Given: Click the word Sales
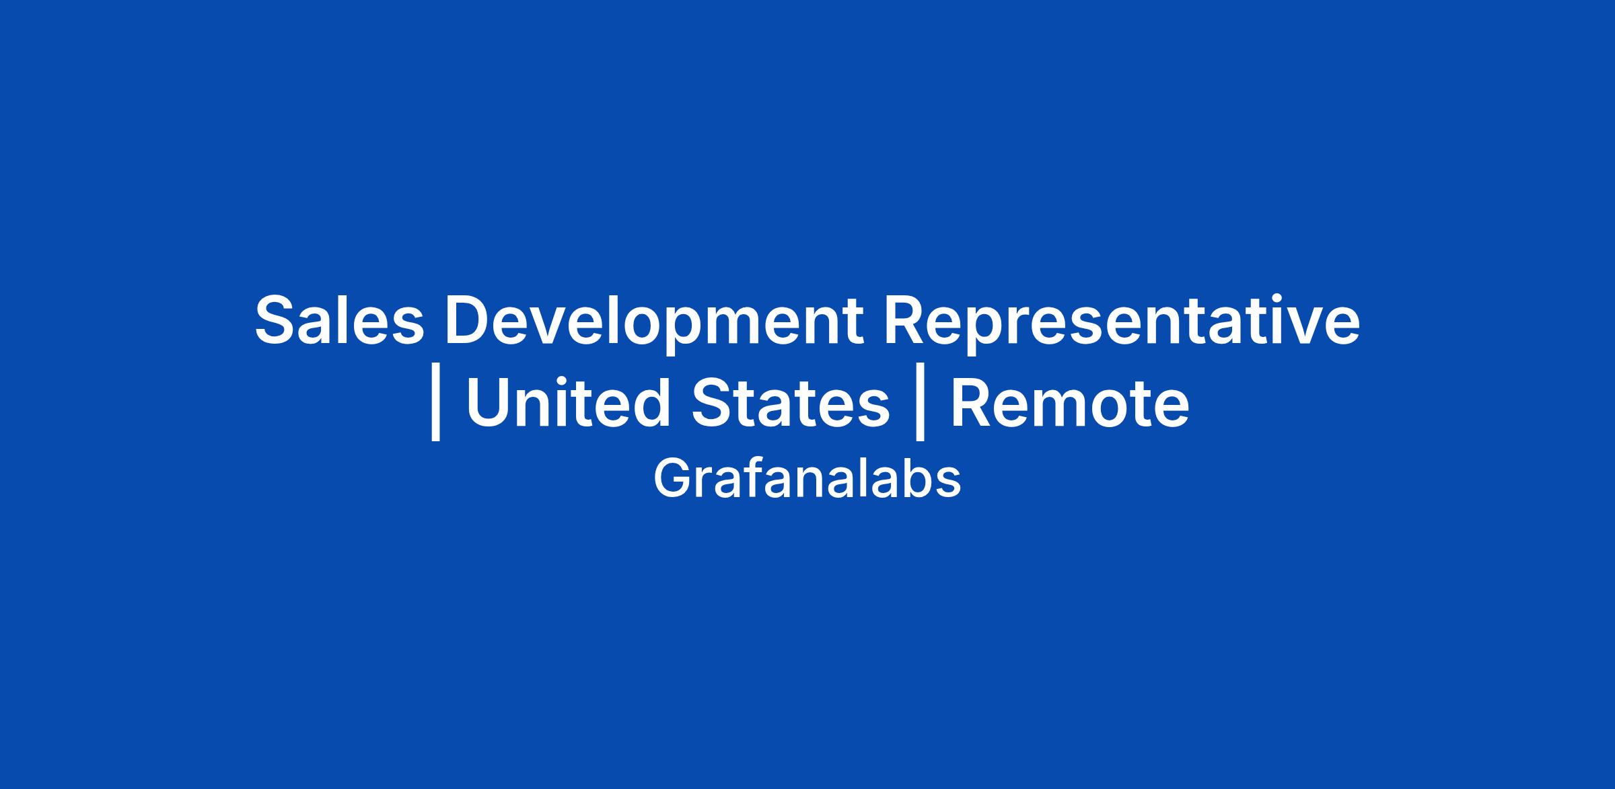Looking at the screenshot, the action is (x=340, y=321).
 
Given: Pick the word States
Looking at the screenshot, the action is (x=791, y=404).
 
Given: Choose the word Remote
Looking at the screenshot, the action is (x=1070, y=404).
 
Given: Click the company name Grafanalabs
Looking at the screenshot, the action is (x=807, y=479).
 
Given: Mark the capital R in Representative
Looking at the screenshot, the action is (x=906, y=320).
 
